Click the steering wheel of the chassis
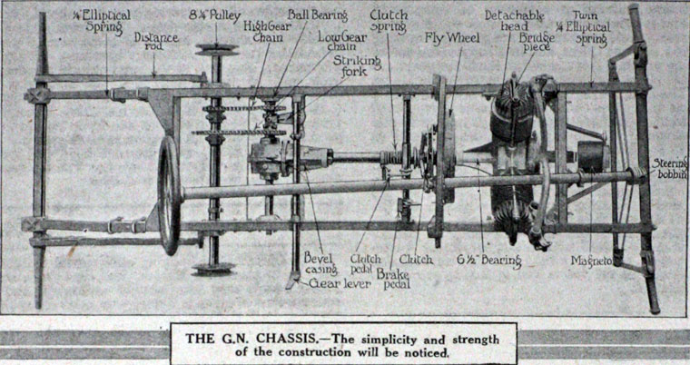tap(169, 194)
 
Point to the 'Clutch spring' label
tap(389, 22)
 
